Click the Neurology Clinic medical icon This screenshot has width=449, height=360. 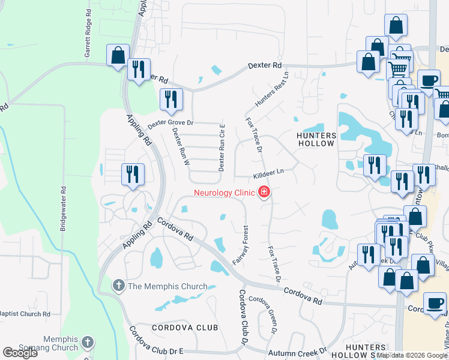(x=263, y=193)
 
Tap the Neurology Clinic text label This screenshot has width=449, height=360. (x=224, y=193)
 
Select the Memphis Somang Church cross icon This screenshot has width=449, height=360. (x=88, y=343)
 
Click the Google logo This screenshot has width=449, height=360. (x=20, y=353)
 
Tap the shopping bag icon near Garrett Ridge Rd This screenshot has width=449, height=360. (x=118, y=55)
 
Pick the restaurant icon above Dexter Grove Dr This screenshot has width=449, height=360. (x=172, y=99)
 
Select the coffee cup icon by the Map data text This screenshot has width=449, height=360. (x=435, y=303)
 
